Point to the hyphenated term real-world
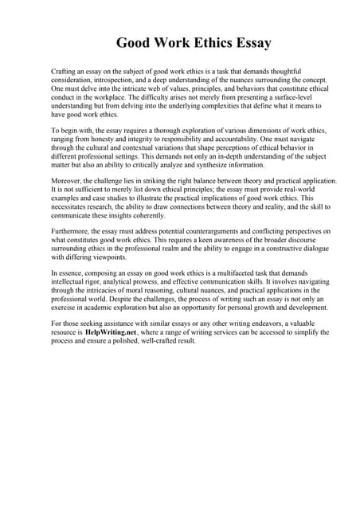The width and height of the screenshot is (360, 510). click(x=300, y=190)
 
